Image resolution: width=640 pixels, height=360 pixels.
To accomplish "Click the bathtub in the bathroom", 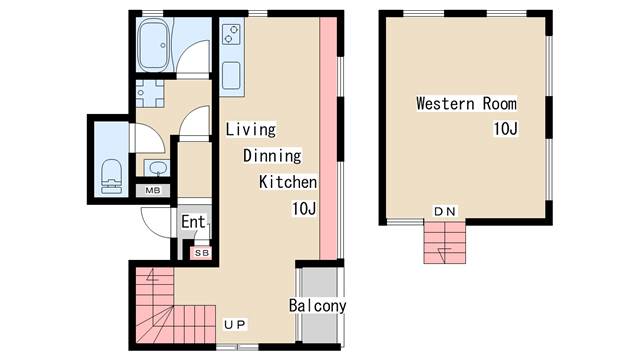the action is pos(153,45).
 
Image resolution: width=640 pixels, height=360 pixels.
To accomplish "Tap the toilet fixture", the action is pos(111,176).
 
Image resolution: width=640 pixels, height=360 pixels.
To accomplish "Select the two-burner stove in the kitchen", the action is pos(231,34).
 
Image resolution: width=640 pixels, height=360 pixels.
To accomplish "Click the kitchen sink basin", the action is pos(231,75).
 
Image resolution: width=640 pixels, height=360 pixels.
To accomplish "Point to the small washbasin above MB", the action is pos(157,168).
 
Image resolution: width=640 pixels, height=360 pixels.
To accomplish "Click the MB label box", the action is pos(153,190).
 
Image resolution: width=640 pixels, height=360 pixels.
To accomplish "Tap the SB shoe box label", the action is pos(202,253).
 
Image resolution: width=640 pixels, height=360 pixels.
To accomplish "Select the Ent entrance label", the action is pos(193,222).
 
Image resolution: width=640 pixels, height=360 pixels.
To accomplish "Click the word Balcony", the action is pos(317,305).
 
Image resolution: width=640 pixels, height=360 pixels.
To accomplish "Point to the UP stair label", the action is pos(235,324).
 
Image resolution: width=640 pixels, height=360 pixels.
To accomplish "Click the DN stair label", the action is pos(444,211).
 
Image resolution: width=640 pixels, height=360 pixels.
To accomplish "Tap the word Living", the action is pos(251,129).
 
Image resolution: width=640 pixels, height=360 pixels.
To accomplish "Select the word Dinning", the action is pos(272,156).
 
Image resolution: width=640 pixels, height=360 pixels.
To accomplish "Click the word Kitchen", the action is pos(288,182).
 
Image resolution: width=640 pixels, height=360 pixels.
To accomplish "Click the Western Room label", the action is pos(466,103).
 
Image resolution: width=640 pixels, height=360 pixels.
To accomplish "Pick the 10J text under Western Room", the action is pos(505,129).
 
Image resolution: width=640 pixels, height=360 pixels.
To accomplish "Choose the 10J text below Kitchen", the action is pos(304,209).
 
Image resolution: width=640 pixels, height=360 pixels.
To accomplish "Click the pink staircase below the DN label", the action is pos(444,242).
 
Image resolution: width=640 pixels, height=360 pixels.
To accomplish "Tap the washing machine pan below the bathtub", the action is pos(150,93).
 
